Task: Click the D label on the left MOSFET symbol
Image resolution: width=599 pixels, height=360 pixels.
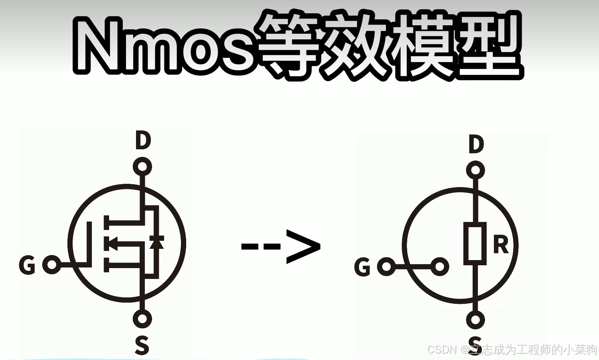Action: (x=143, y=140)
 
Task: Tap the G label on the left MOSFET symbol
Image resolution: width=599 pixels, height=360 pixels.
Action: (x=27, y=265)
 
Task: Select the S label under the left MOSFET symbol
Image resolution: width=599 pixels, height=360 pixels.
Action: (x=142, y=345)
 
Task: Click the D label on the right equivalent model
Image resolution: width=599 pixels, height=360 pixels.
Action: (x=476, y=144)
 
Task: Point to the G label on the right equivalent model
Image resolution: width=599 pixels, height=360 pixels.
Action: (x=362, y=267)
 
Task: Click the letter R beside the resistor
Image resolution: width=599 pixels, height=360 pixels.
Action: (x=501, y=245)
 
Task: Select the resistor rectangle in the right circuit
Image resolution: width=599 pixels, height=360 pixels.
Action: (x=475, y=243)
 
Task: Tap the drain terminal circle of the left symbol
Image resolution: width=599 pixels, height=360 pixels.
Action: (x=142, y=167)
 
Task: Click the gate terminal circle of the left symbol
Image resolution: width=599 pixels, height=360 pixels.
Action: (x=52, y=264)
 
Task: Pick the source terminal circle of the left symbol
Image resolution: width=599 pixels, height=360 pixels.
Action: (x=142, y=319)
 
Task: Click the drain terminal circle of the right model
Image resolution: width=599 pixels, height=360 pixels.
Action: (x=475, y=170)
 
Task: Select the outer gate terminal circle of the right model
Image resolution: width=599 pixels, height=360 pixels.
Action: (x=386, y=266)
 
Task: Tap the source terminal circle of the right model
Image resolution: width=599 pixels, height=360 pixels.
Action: (x=475, y=320)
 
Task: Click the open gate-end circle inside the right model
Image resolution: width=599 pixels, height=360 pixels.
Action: (x=440, y=266)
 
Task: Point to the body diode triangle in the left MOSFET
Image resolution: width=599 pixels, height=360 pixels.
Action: (x=156, y=242)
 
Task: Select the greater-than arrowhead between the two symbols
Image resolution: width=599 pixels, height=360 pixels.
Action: (x=304, y=246)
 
